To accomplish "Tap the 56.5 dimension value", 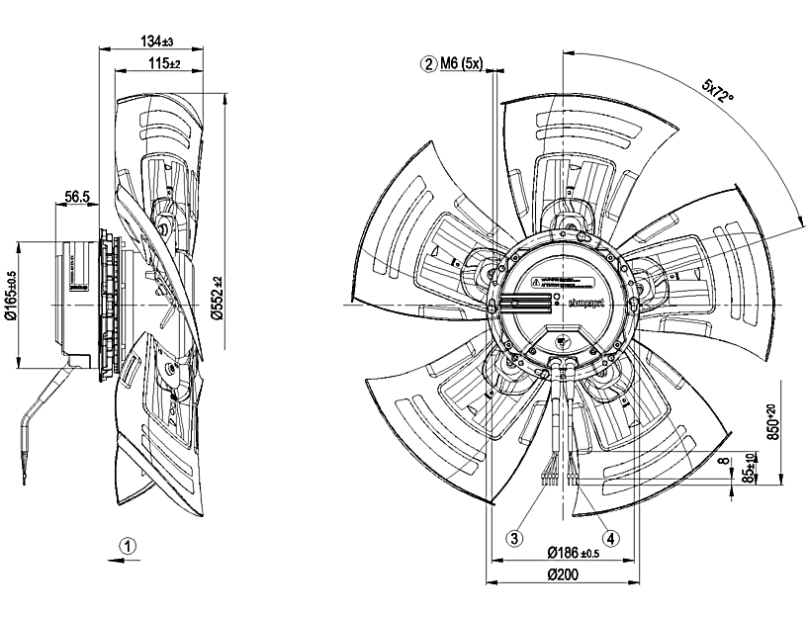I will click(78, 198).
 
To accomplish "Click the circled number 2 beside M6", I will click(428, 64).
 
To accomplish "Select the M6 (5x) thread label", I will click(460, 64).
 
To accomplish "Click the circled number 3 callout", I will click(514, 539).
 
